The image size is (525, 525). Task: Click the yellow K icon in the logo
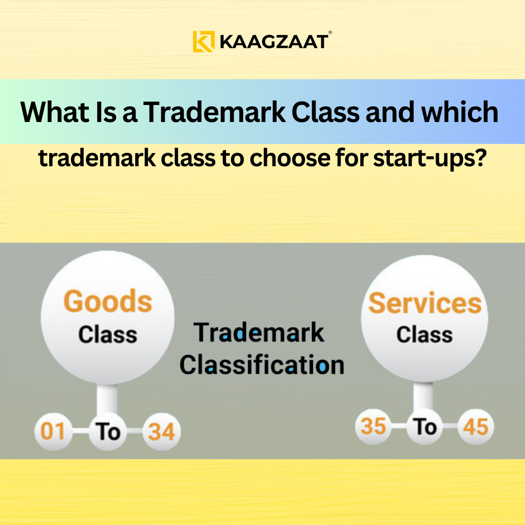[x=203, y=41]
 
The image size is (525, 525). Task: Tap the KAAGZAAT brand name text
[x=273, y=42]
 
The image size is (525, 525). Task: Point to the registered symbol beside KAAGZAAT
[x=330, y=33]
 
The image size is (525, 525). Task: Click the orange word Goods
[x=108, y=301]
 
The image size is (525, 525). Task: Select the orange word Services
[x=424, y=303]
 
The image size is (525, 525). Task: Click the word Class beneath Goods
[x=107, y=334]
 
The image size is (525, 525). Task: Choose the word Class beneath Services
[x=424, y=334]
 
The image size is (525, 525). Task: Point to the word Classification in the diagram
[x=262, y=365]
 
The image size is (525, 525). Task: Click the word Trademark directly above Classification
[x=259, y=333]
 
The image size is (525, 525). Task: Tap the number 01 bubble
[x=52, y=431]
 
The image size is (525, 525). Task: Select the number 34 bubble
[x=161, y=431]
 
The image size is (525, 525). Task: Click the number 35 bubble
[x=373, y=427]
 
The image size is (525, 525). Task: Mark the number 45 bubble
[x=475, y=427]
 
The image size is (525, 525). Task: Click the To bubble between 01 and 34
[x=107, y=431]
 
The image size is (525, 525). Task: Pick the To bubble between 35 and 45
[x=424, y=427]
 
